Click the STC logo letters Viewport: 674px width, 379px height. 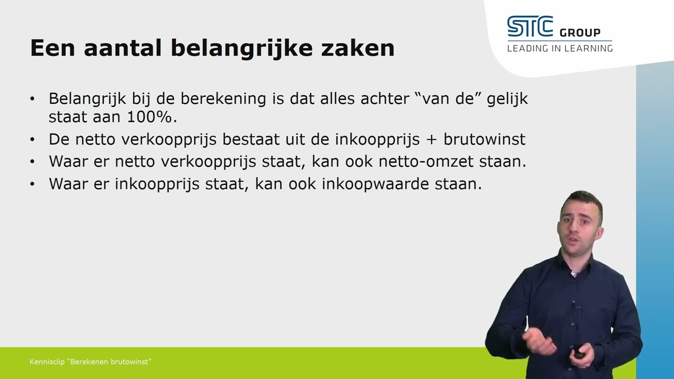click(x=530, y=27)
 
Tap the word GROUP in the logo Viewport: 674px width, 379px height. click(x=580, y=33)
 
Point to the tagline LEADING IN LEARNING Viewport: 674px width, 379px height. click(x=560, y=48)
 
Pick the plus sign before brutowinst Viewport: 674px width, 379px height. click(x=432, y=139)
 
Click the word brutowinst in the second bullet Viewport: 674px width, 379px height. click(x=484, y=139)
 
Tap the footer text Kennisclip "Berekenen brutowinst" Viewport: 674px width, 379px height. click(x=91, y=362)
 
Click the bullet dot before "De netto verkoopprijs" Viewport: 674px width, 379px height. click(x=33, y=140)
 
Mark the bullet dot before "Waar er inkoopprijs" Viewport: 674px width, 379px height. click(x=33, y=184)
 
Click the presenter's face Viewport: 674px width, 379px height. click(x=579, y=224)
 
